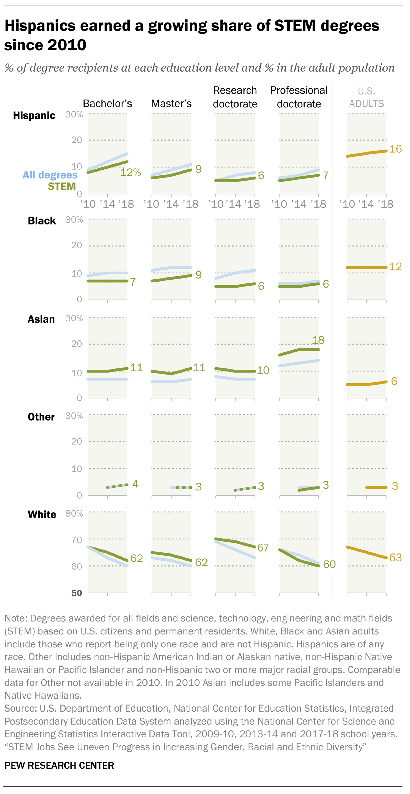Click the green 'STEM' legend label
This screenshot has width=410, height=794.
point(62,186)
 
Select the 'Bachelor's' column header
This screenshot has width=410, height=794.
point(107,104)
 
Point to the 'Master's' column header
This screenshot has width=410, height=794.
point(171,104)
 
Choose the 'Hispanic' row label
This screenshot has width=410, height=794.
point(34,116)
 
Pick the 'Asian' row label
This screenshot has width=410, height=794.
point(41,319)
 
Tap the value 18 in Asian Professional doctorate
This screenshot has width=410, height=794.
point(318,340)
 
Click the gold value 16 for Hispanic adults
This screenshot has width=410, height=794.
point(395,149)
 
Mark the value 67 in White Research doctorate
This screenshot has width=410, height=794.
point(263,548)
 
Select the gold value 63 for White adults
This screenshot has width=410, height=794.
point(395,558)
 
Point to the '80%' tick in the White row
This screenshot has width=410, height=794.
point(74,514)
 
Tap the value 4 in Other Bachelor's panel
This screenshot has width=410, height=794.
point(135,484)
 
